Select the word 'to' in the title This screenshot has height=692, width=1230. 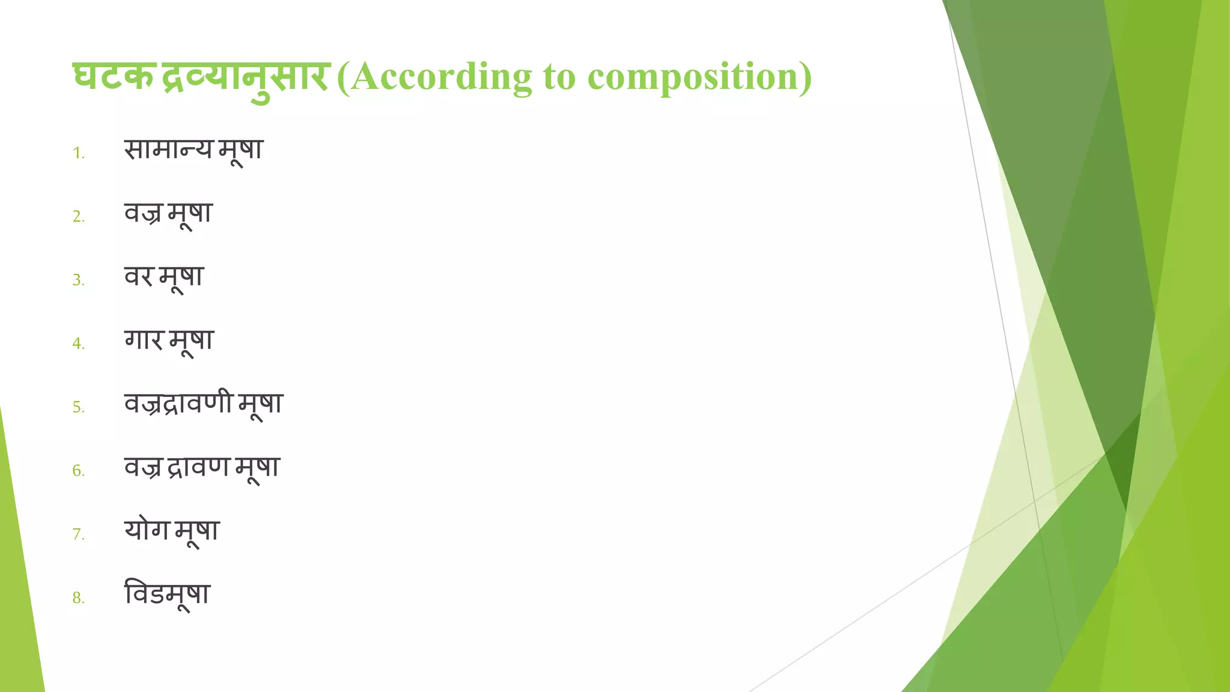point(559,78)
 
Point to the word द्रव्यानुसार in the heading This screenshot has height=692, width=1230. point(245,78)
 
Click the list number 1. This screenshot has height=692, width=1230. point(78,153)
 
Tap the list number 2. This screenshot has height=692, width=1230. point(78,216)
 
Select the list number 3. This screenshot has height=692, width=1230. point(78,280)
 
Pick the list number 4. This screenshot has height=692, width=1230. point(78,344)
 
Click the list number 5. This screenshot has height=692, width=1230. point(78,407)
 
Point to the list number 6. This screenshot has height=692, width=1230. point(78,471)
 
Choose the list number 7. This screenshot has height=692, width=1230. point(78,534)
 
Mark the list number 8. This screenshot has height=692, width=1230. point(78,598)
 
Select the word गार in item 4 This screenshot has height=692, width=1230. point(144,340)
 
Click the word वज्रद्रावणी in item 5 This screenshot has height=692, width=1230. point(178,402)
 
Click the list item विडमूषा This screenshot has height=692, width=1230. point(167,594)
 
